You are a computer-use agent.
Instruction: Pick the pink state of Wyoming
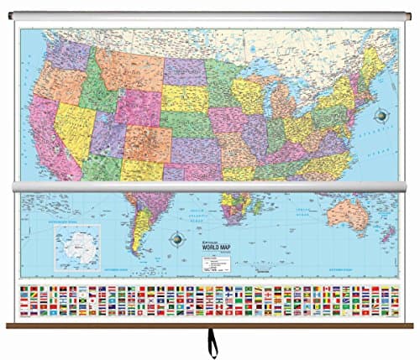pyautogui.click(x=139, y=106)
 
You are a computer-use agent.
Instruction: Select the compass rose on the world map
pyautogui.click(x=177, y=238)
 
